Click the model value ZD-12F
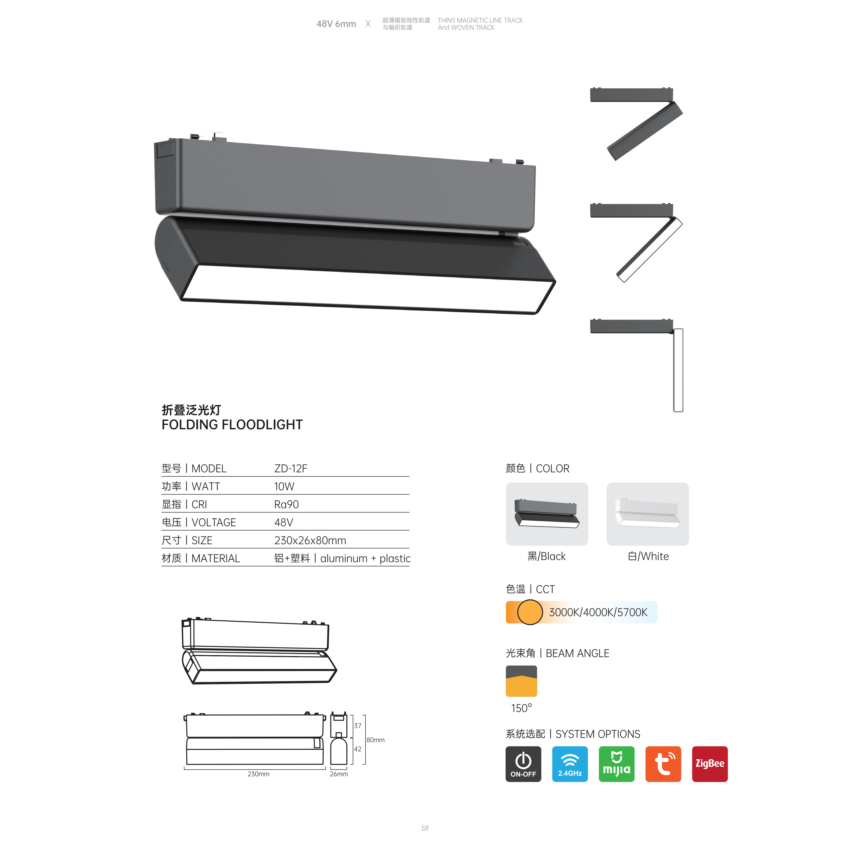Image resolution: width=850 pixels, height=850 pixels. [x=290, y=469]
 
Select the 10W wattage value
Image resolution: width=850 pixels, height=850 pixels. [x=284, y=487]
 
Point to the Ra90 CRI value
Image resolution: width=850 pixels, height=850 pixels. [x=286, y=505]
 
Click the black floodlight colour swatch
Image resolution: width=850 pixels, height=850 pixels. [x=547, y=514]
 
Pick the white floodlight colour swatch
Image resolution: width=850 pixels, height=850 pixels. [x=648, y=514]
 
